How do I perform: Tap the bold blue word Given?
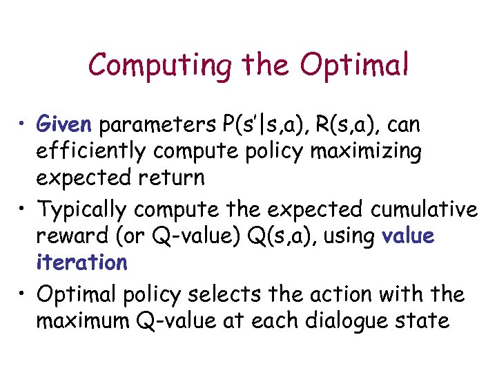pos(64,125)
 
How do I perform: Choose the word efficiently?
pos(90,151)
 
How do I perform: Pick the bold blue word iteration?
pos(81,262)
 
